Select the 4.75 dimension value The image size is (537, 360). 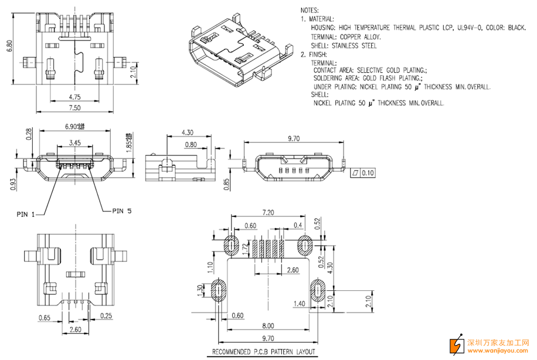[x=74, y=97]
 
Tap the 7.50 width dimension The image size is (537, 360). [x=74, y=108]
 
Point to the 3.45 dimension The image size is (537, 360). [x=75, y=142]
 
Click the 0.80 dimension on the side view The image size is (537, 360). [x=191, y=144]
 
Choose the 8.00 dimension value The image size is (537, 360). [x=268, y=325]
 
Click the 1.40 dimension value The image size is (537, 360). [x=298, y=304]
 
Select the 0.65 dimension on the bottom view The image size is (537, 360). [x=44, y=318]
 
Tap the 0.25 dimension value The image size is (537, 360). [x=106, y=317]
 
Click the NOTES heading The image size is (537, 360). [x=311, y=11]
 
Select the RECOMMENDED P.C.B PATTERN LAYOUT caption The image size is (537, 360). [x=264, y=352]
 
